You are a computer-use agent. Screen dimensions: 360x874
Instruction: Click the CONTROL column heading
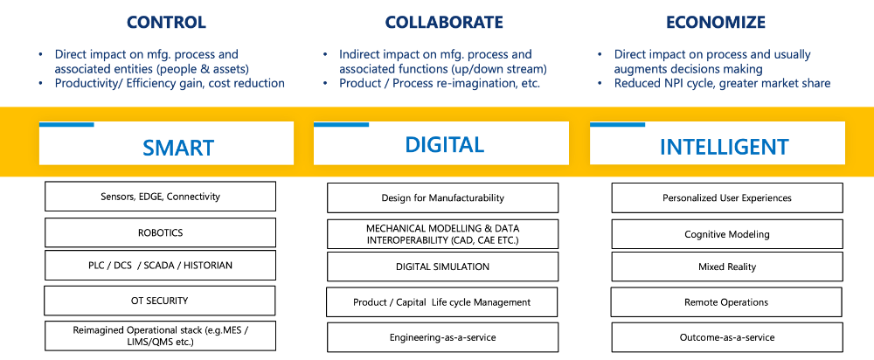coord(166,22)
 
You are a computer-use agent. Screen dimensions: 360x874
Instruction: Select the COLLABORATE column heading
coord(445,22)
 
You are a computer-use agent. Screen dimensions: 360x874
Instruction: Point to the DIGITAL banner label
coord(444,144)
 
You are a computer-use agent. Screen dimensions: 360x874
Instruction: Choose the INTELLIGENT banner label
coord(724,147)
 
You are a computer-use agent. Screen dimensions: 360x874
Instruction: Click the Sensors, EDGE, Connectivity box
coord(160,197)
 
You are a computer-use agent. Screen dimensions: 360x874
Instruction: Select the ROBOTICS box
coord(160,233)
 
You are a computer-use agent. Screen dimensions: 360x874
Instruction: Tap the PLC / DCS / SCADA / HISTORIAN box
coord(160,266)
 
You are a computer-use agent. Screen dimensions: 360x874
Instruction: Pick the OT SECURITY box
coord(160,301)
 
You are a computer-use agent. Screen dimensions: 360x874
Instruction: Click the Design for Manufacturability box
coord(442,198)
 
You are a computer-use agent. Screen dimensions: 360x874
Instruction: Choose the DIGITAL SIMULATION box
coord(442,267)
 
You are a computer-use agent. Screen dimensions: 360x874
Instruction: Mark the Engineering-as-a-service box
coord(442,337)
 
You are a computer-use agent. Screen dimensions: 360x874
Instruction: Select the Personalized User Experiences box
coord(727,198)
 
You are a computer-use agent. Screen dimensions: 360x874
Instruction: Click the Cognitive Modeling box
coord(727,234)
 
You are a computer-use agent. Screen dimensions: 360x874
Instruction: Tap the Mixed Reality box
coord(727,267)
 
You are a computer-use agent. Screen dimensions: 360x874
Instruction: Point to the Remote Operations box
coord(727,302)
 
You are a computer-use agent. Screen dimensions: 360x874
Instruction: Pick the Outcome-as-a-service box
coord(727,337)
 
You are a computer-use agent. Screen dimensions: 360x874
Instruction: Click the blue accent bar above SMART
coord(66,125)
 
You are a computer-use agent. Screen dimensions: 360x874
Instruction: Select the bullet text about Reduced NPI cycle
coord(722,83)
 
